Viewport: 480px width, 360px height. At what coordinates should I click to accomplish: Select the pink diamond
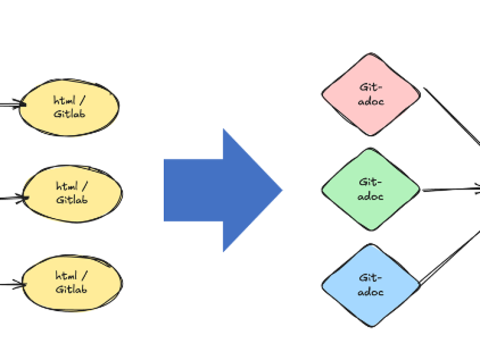371,94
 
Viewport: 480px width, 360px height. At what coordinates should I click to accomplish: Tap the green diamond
371,189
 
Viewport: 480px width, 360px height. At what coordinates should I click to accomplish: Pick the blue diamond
371,285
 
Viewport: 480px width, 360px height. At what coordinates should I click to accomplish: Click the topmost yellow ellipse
69,108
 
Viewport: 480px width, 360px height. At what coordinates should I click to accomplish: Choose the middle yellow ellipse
73,194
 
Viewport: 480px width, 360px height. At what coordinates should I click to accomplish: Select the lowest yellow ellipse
73,283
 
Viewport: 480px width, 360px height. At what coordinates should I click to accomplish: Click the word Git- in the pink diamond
371,87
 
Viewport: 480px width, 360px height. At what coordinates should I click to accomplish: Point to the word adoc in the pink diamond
371,101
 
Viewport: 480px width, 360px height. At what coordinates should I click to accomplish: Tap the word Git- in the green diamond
371,182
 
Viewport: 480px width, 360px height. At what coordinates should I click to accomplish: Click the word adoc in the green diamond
371,196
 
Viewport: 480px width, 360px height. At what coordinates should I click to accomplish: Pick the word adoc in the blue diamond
371,292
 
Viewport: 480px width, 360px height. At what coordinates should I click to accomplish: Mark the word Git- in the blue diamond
371,278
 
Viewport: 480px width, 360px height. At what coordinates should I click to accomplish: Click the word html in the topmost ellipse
64,100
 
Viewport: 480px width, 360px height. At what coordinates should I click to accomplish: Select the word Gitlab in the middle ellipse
72,200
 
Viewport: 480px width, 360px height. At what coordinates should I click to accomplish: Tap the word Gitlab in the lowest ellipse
71,289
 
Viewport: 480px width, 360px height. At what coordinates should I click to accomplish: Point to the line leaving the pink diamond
451,115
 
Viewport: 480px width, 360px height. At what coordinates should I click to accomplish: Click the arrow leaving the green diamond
451,189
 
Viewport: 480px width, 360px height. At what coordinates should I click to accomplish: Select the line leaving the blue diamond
449,258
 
